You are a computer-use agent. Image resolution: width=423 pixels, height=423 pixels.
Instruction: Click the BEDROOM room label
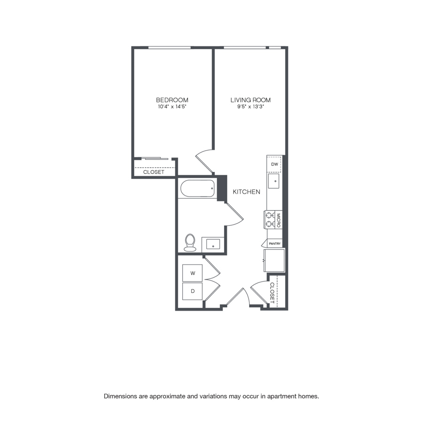click(x=172, y=100)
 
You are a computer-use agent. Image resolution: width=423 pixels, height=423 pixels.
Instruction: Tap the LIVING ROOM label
click(x=251, y=100)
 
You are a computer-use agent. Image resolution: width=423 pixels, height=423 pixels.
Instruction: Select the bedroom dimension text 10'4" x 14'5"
click(x=172, y=107)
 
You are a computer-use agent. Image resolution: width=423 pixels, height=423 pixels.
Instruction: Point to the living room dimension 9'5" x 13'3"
click(x=251, y=107)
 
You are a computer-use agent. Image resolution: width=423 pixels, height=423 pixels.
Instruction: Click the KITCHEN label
click(x=246, y=192)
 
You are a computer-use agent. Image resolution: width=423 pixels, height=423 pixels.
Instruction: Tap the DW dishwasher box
click(x=274, y=164)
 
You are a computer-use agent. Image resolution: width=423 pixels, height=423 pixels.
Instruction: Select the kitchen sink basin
click(x=274, y=181)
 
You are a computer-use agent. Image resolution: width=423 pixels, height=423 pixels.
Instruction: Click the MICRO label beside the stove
click(x=279, y=220)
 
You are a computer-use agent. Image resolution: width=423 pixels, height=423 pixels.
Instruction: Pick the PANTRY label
click(x=274, y=243)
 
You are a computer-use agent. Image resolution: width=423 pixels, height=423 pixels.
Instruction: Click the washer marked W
click(x=192, y=273)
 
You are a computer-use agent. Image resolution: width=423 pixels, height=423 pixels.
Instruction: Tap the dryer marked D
click(x=192, y=291)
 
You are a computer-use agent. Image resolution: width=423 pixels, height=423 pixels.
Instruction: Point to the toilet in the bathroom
click(x=190, y=242)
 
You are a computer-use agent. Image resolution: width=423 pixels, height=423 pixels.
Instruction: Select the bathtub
click(x=197, y=188)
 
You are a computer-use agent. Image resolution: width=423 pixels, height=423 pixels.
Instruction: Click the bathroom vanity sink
click(x=213, y=244)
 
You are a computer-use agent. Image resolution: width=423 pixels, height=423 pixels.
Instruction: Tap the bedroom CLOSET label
click(x=154, y=172)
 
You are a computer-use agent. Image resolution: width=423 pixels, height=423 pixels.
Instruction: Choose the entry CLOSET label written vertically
click(x=272, y=293)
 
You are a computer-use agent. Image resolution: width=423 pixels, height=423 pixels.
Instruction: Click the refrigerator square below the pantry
click(x=274, y=260)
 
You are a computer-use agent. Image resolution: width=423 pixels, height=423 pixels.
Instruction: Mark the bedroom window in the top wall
click(x=169, y=48)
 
